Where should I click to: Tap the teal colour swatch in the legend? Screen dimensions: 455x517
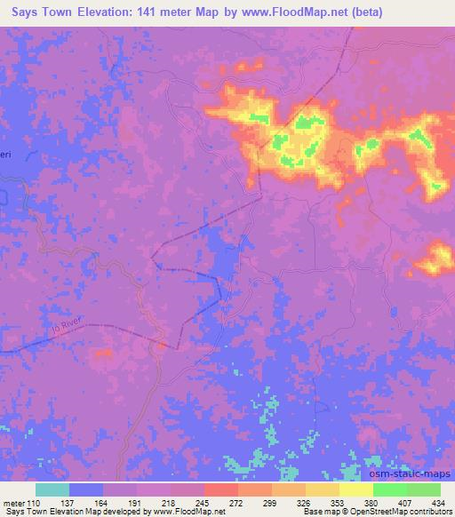tap(52, 490)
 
